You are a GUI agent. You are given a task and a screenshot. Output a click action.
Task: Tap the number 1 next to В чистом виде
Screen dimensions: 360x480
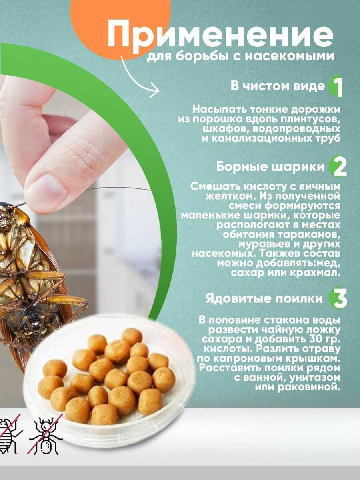pos(337,88)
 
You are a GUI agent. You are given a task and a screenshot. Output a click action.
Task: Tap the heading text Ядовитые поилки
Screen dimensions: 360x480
pos(264,298)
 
